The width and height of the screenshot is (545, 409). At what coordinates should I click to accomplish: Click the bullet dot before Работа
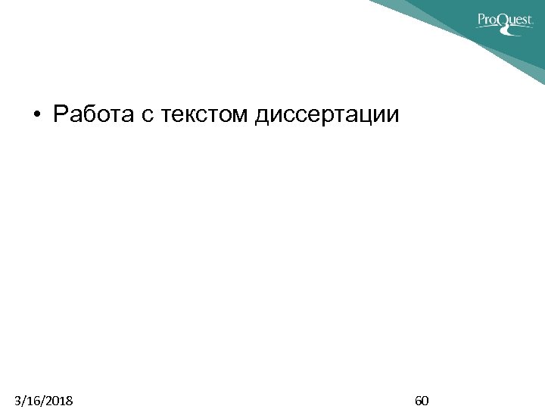click(x=36, y=117)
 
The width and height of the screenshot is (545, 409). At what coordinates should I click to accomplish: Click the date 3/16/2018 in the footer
click(x=44, y=400)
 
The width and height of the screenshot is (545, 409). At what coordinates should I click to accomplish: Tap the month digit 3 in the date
click(x=17, y=400)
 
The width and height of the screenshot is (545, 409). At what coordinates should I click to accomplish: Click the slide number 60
click(x=422, y=400)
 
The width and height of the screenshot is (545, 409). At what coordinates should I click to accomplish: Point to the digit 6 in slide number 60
click(x=419, y=400)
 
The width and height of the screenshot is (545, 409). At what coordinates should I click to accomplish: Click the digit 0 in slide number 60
click(x=426, y=400)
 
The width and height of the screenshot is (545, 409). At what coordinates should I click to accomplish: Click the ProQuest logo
click(x=504, y=20)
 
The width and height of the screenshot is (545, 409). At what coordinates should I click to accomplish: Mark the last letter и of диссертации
click(x=391, y=117)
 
